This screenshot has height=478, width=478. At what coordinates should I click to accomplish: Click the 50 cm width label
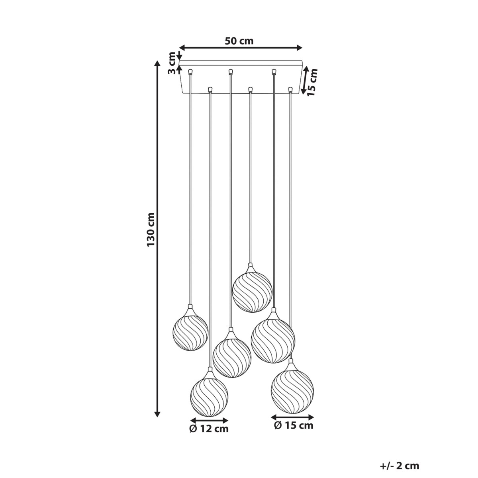(x=239, y=41)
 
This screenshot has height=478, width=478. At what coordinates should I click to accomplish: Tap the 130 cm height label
(x=151, y=229)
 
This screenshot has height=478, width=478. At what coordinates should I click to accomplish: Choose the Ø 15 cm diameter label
(x=294, y=425)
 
